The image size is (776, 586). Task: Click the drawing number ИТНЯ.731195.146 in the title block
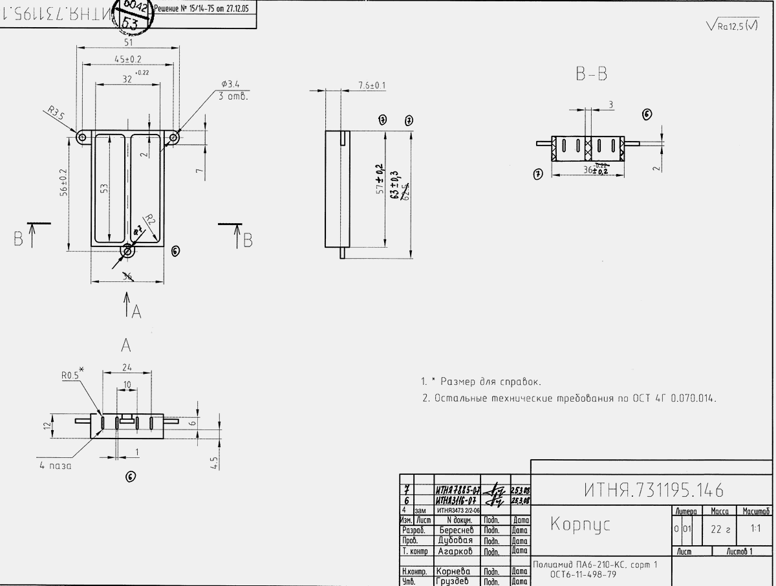653,490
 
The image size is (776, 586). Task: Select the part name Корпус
580,525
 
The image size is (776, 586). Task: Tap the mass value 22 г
720,529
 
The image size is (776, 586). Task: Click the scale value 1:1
755,528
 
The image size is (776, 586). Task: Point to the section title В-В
591,75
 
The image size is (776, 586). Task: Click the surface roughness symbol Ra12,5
733,26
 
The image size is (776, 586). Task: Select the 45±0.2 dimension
128,59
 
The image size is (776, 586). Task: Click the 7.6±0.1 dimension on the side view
372,85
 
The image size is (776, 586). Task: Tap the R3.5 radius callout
58,114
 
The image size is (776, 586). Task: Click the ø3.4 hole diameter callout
230,84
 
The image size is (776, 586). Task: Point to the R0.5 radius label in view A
70,374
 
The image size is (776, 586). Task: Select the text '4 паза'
54,465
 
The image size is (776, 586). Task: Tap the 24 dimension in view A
127,367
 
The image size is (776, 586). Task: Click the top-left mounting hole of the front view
82,137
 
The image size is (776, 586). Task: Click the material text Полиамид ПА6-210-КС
595,565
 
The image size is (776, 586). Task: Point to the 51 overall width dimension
128,42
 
